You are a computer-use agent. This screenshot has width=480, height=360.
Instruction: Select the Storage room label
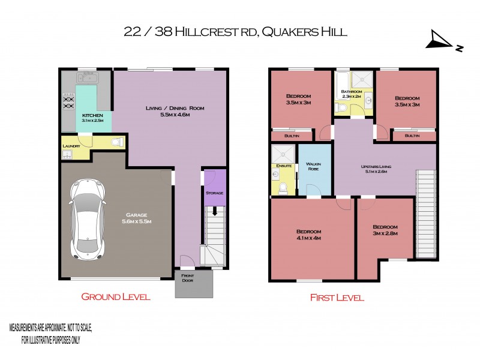point(214,193)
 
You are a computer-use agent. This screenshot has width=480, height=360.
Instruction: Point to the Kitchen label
point(93,115)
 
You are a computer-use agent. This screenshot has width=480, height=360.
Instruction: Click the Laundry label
point(71,145)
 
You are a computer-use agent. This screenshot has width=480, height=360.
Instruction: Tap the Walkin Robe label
point(314,166)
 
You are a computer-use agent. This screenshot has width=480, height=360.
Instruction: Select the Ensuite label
point(283,166)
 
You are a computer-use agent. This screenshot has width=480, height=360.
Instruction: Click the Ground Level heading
point(115,296)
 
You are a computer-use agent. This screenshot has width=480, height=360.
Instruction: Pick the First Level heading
point(337,297)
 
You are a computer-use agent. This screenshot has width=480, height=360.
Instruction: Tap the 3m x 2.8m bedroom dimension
point(385,233)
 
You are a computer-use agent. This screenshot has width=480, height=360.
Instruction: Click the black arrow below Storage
point(214,211)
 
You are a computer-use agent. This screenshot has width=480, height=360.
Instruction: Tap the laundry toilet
point(119,143)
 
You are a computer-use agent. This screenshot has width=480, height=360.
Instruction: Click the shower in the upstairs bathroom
point(362,80)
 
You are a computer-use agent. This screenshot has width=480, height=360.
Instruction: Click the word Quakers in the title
point(284,31)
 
